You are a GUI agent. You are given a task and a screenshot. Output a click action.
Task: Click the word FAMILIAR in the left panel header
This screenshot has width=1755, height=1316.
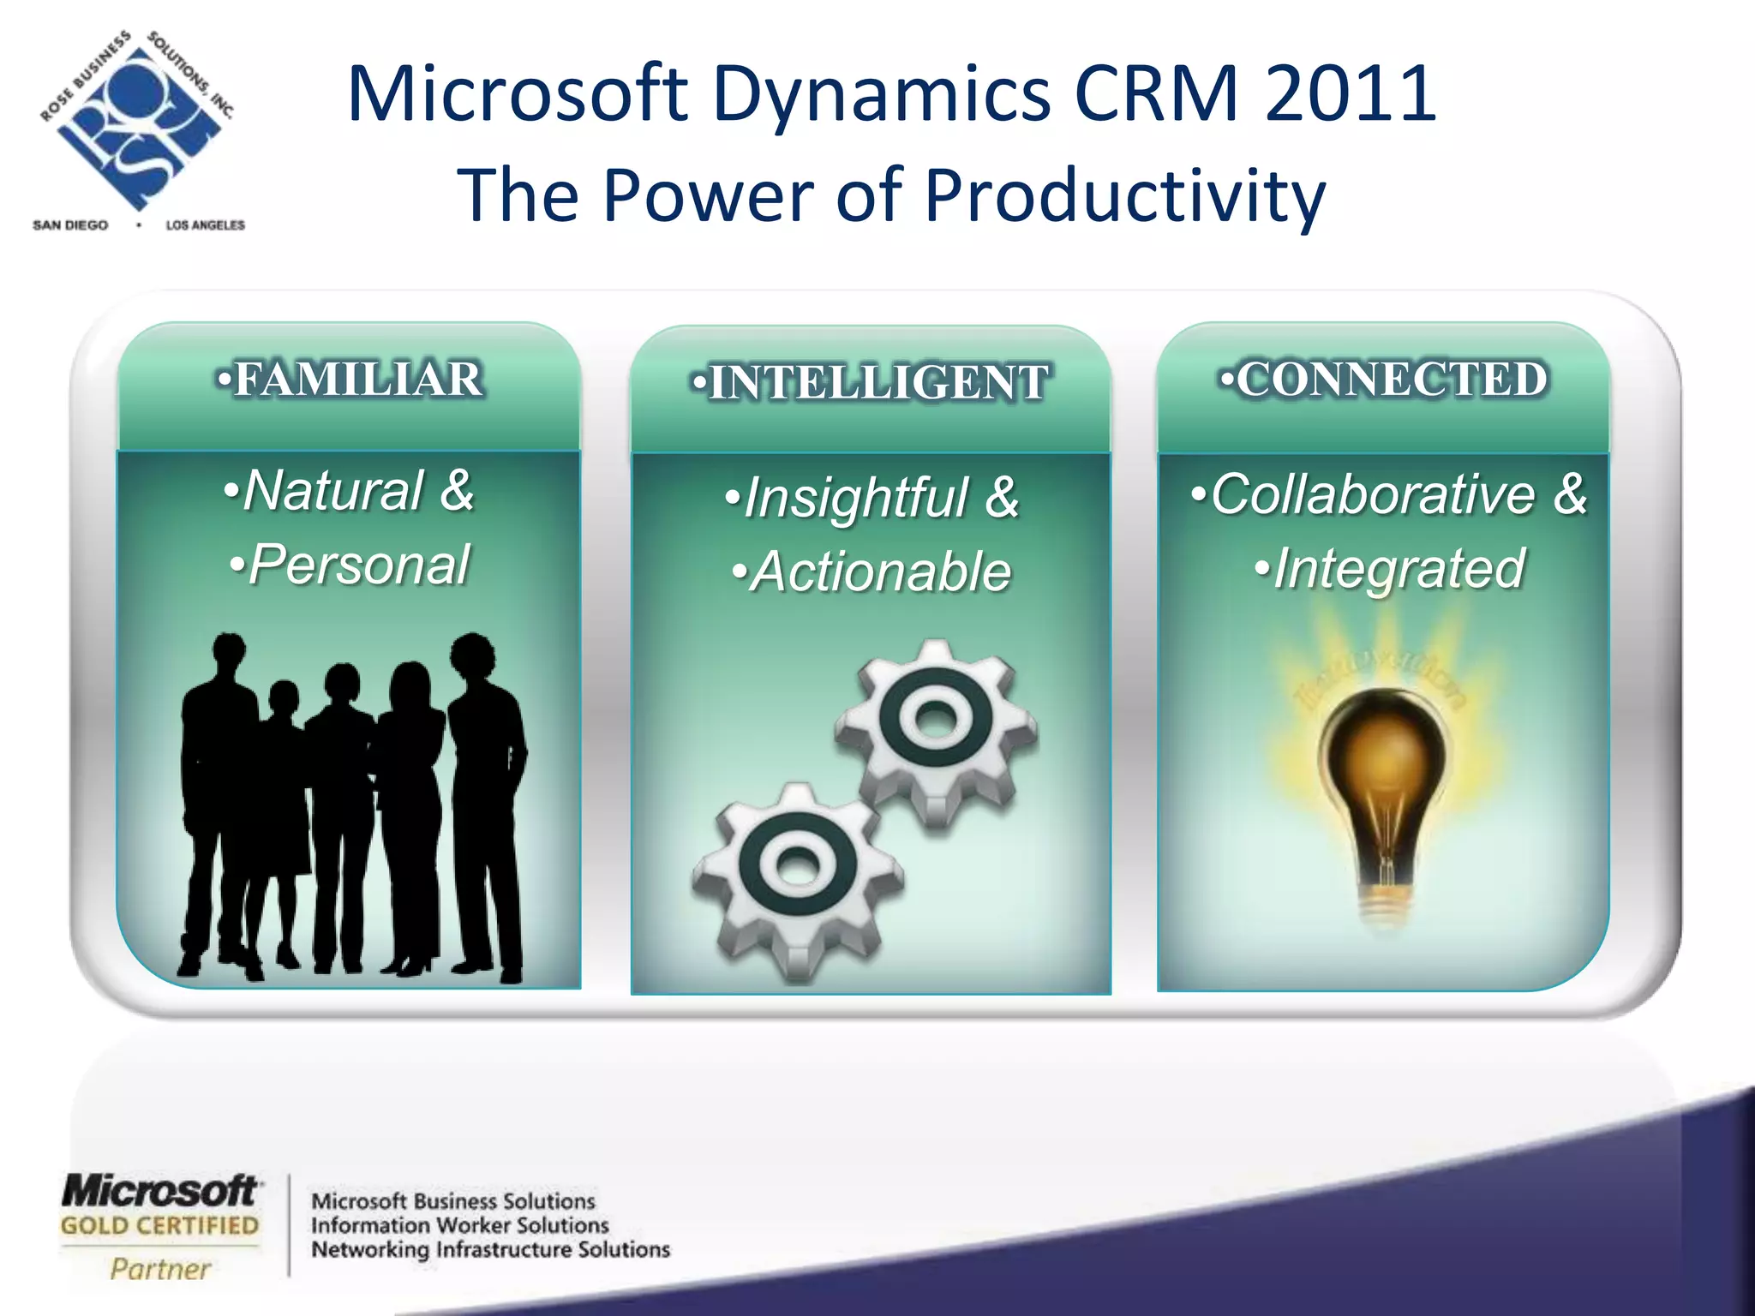358,380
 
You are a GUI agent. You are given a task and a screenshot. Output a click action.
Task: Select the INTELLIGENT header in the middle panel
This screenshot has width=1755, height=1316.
878,383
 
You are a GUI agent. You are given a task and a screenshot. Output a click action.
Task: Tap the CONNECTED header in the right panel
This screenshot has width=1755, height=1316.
1391,380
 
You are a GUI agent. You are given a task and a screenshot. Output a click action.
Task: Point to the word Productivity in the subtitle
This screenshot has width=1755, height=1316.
1124,195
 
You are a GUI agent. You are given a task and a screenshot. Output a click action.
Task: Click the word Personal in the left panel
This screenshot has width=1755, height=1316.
358,565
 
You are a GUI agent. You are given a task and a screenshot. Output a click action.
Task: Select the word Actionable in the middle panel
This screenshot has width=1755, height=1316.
880,572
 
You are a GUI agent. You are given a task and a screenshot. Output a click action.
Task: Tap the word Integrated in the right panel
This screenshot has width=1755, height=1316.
1399,569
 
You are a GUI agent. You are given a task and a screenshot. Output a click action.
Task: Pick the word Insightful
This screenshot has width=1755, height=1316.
856,498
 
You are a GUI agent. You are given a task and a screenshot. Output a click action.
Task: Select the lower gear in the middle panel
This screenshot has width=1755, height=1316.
797,879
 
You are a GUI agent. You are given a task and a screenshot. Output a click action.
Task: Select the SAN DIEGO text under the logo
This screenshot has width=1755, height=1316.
70,225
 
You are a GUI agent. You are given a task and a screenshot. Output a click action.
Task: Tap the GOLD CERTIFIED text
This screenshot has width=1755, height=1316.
159,1226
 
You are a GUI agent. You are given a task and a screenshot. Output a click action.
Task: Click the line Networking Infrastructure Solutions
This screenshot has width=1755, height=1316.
490,1250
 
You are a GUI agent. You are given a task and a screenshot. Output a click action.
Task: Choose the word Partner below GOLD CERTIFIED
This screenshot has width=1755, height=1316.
160,1269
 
